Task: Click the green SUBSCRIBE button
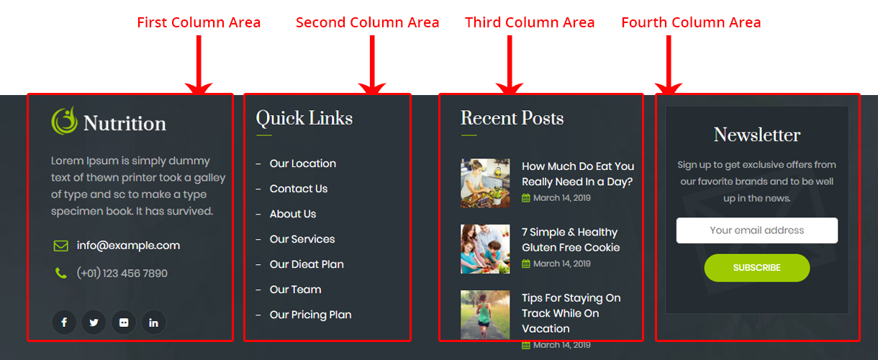point(757,268)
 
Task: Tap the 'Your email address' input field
point(757,230)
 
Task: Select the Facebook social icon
point(64,323)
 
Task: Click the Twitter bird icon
point(94,323)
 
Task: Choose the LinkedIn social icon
point(154,323)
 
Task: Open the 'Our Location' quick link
point(302,163)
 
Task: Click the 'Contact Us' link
point(298,189)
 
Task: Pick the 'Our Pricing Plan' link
point(310,315)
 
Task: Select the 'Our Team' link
point(295,289)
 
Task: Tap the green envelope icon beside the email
point(60,246)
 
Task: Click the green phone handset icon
point(60,273)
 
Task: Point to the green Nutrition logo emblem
point(64,121)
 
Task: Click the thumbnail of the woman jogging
point(485,315)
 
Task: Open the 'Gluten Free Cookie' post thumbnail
point(485,249)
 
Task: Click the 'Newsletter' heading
point(757,135)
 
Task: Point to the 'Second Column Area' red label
point(367,22)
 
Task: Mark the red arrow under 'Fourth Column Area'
point(669,64)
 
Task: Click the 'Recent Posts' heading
point(512,118)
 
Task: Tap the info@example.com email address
point(128,246)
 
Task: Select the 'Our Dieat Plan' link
point(307,264)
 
